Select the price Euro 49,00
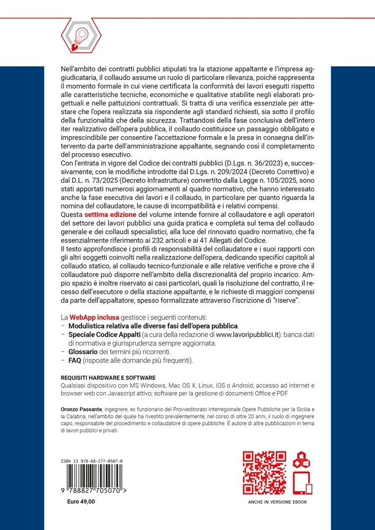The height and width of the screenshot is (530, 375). pos(81,501)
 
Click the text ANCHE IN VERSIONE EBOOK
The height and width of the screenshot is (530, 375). pos(278,502)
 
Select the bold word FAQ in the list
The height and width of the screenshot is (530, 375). pos(75,361)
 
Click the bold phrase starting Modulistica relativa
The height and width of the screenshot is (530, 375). pos(154,325)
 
